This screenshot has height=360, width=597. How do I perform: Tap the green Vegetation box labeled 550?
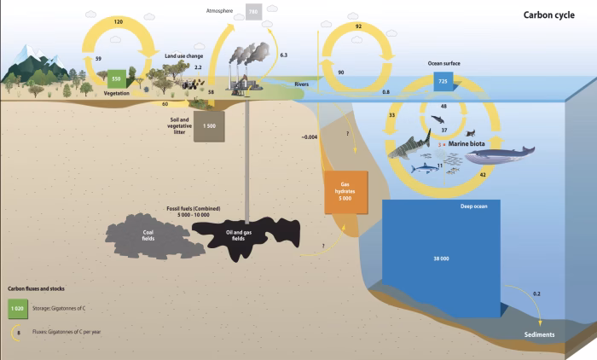click(x=117, y=78)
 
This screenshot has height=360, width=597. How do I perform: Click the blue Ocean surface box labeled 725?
click(x=443, y=82)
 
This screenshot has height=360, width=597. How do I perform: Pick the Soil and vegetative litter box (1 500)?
click(x=209, y=125)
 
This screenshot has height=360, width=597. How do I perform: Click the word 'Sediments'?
click(x=540, y=334)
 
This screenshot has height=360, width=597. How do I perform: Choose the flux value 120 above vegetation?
click(x=119, y=19)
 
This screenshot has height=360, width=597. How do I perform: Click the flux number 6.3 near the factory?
click(x=283, y=55)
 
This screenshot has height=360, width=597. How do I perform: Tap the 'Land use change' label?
click(x=183, y=55)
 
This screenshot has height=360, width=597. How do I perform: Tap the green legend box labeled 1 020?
click(x=18, y=308)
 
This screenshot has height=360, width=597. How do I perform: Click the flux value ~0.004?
click(x=310, y=136)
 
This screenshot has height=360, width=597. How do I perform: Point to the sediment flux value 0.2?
click(x=536, y=293)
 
